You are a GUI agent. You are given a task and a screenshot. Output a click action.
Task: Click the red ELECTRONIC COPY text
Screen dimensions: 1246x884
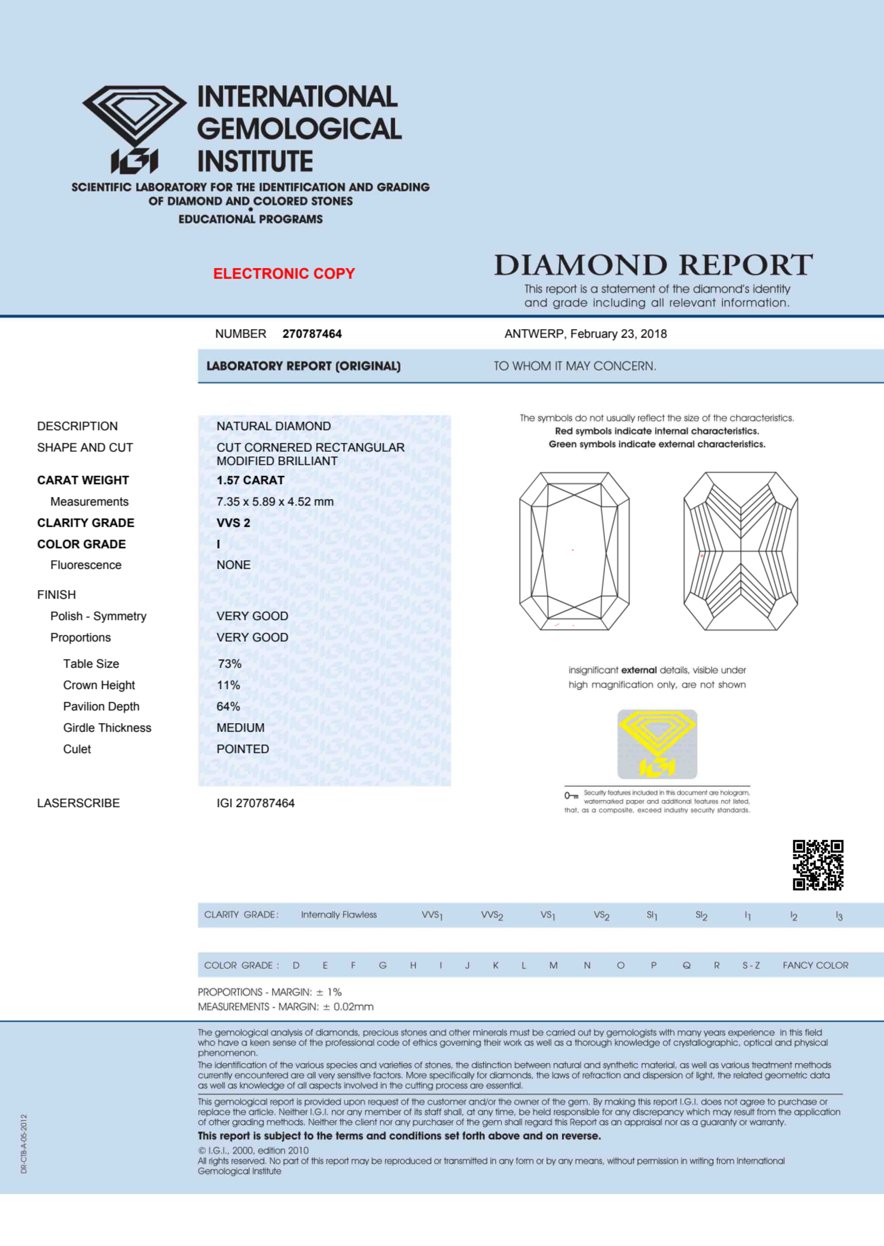(284, 274)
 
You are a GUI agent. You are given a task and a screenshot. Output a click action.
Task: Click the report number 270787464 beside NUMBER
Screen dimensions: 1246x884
(312, 334)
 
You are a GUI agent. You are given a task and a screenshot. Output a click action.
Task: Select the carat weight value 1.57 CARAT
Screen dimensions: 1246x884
(250, 480)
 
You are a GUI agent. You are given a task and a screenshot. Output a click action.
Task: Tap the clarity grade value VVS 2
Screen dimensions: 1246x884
(233, 523)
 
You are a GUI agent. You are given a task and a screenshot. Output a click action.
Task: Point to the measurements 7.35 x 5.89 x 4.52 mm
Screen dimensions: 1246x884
(275, 501)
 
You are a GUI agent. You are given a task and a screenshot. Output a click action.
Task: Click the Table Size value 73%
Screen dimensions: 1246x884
(229, 664)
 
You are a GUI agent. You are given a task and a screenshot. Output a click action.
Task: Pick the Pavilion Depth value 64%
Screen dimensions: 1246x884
(228, 706)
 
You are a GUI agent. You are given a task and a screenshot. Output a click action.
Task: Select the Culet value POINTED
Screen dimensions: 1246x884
(242, 749)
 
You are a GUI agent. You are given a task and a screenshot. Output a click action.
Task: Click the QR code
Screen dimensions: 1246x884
(818, 864)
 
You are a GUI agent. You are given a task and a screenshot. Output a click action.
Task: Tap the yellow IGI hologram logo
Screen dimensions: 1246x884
(657, 744)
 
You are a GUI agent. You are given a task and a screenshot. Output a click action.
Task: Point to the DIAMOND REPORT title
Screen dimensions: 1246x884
(653, 265)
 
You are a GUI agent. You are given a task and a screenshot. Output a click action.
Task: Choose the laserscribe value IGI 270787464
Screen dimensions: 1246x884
(255, 803)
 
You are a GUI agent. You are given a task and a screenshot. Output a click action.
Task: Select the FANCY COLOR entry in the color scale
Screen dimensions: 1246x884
(815, 965)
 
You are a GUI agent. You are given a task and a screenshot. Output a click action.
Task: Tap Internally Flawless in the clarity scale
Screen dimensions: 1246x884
(338, 915)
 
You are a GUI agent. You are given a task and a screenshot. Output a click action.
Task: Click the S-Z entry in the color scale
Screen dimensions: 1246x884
(751, 965)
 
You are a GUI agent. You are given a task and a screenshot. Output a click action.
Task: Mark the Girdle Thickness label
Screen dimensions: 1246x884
(107, 728)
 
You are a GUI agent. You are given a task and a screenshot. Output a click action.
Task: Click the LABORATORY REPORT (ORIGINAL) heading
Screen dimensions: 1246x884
(303, 366)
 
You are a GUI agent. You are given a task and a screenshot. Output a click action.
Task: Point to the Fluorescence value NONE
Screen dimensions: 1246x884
(234, 565)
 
